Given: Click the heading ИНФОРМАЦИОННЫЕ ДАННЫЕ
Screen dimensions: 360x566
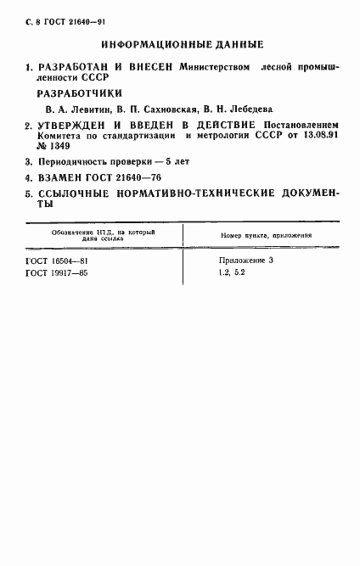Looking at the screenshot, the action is click(181, 43).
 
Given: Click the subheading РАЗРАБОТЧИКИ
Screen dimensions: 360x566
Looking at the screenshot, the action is click(81, 94).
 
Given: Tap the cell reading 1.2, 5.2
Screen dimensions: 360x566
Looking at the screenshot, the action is click(231, 273).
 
